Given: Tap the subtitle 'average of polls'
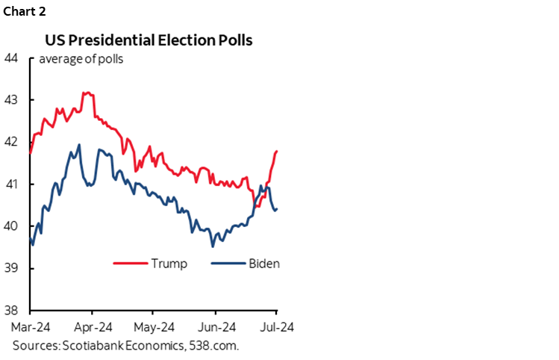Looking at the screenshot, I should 81,60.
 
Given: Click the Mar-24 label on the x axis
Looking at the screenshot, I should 30,326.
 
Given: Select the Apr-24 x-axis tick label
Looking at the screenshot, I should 92,326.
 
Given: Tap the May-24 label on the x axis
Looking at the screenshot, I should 154,326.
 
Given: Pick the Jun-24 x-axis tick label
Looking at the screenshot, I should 216,326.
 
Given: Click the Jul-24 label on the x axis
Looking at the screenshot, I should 276,326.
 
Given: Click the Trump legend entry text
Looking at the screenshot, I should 169,264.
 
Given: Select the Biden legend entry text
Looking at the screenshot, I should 263,264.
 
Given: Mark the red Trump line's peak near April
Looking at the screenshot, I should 86,93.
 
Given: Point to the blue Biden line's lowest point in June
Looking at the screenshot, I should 213,246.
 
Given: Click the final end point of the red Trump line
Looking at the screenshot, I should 277,151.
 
